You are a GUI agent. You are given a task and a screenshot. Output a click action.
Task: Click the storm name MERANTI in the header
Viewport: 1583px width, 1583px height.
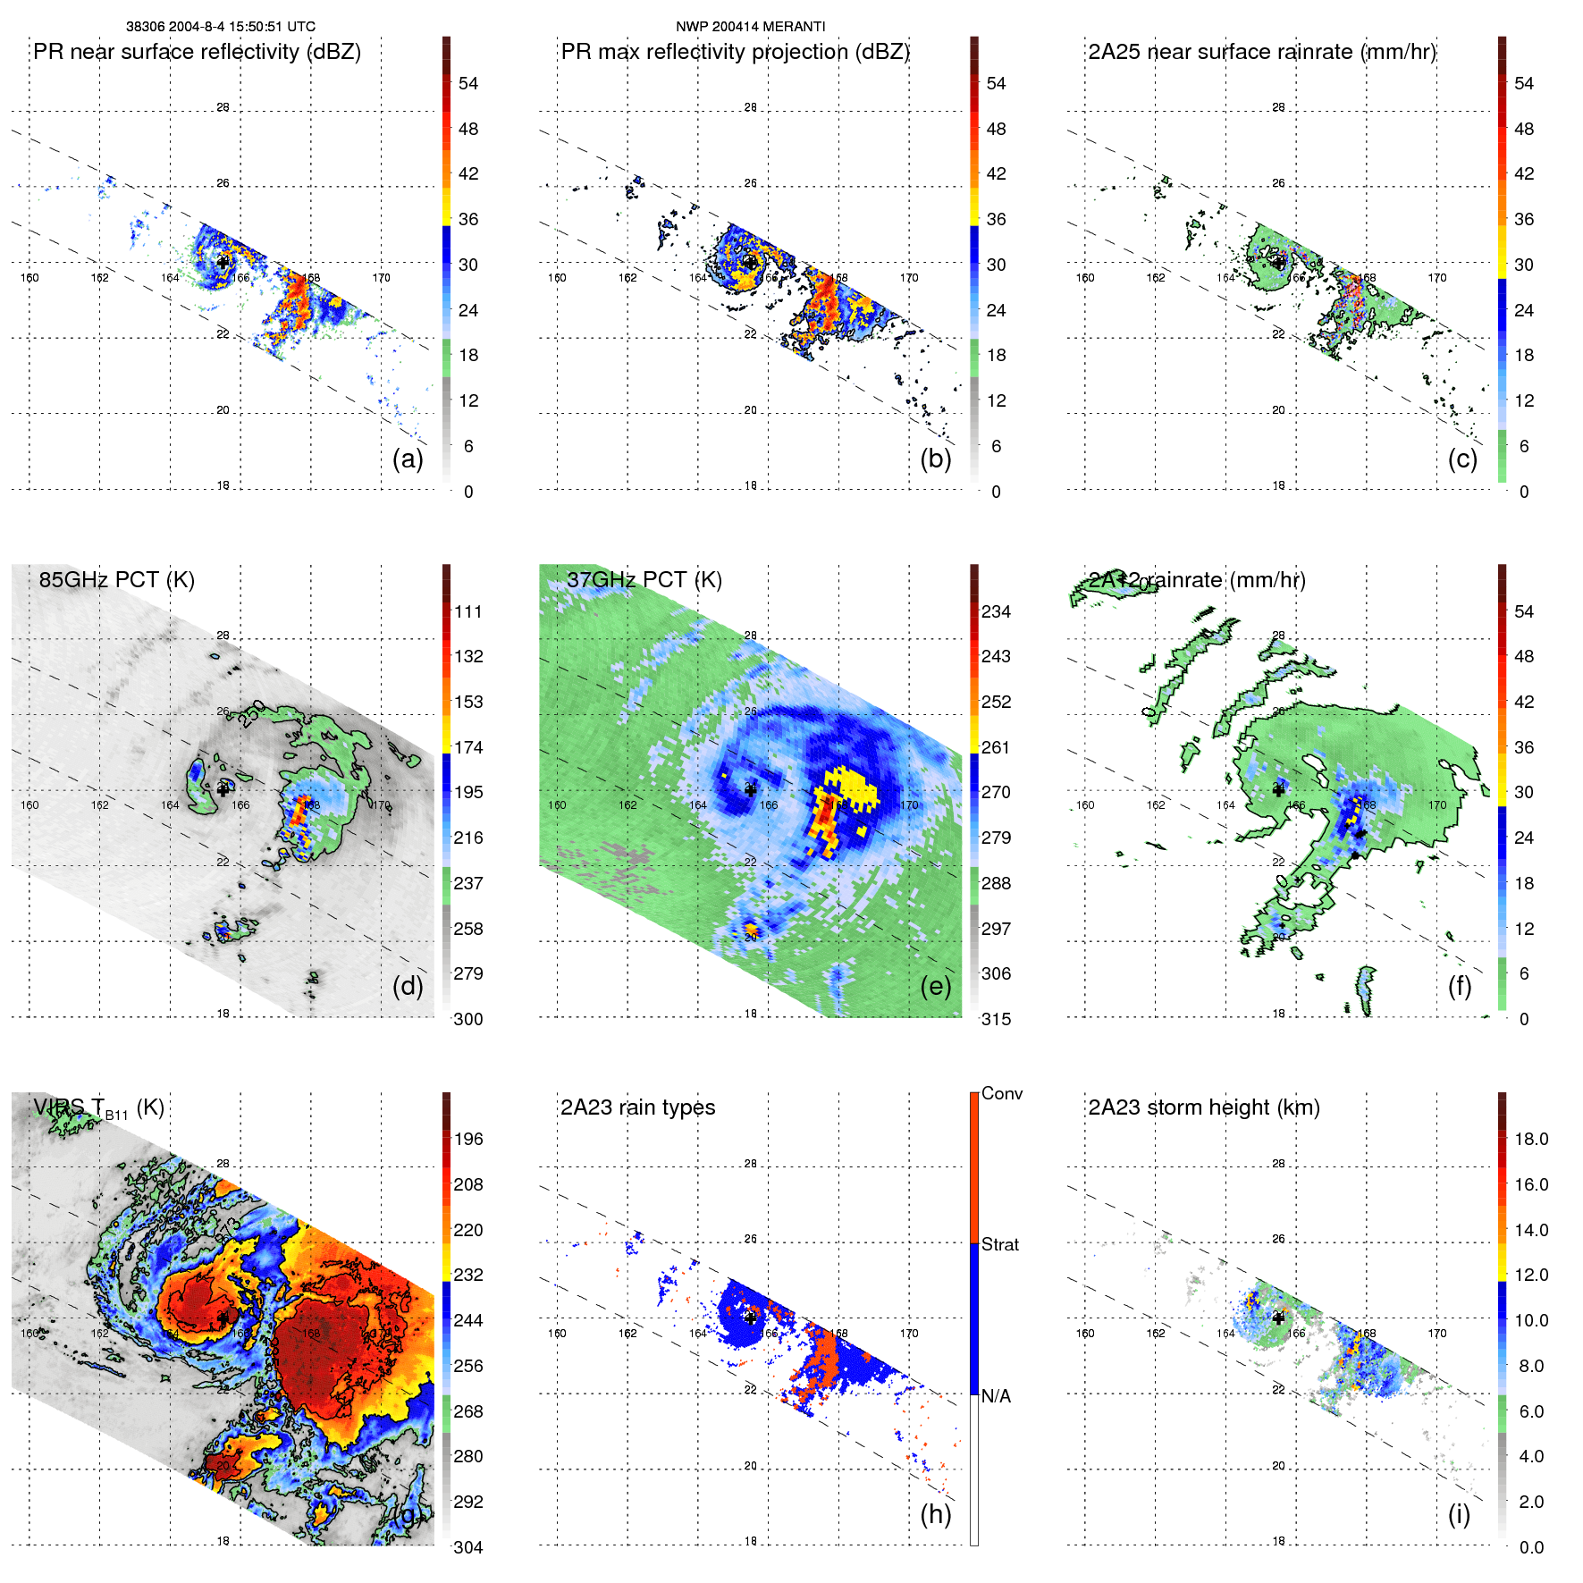(x=795, y=27)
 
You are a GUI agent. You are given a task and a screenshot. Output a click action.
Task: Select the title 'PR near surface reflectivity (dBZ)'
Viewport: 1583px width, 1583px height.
(x=197, y=52)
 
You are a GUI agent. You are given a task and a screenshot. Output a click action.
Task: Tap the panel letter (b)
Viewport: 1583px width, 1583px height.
(x=935, y=459)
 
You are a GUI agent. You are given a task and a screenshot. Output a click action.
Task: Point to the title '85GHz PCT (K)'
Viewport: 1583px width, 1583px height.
(x=116, y=580)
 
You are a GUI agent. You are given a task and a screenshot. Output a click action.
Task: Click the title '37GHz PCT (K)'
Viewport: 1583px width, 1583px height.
(x=644, y=580)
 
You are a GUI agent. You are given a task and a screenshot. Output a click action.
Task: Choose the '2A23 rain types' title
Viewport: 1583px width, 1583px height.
(x=637, y=1107)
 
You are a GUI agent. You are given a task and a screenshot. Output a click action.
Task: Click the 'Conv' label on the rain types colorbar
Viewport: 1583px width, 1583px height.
(x=1001, y=1093)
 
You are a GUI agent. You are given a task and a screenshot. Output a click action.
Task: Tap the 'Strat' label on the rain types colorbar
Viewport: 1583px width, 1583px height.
(x=999, y=1244)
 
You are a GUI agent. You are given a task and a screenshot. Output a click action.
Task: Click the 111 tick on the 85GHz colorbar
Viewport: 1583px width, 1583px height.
(x=468, y=611)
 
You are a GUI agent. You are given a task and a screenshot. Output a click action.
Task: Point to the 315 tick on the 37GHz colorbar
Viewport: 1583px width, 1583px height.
(x=996, y=1019)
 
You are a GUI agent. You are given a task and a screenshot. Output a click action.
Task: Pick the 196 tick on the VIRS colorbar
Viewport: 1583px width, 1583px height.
(x=468, y=1139)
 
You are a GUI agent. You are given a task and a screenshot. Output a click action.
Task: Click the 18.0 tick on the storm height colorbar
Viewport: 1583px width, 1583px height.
(x=1530, y=1139)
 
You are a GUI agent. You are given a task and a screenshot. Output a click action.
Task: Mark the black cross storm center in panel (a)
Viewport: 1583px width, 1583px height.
(x=223, y=262)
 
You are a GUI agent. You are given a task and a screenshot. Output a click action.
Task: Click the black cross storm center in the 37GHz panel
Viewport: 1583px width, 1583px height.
(x=750, y=789)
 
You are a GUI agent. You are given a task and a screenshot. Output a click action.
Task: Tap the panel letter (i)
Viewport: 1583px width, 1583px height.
(x=1459, y=1514)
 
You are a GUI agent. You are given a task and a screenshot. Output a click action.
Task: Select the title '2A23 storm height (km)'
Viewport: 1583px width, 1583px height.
(x=1203, y=1107)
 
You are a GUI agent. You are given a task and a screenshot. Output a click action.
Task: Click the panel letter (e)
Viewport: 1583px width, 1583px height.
(x=935, y=986)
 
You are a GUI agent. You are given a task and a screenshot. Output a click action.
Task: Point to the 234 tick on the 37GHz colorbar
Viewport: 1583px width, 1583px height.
(x=996, y=611)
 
